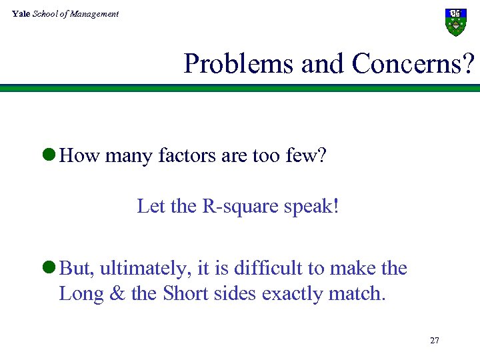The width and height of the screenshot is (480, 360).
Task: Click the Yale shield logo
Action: click(x=455, y=23)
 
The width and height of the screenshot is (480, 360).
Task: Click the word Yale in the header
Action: click(x=21, y=14)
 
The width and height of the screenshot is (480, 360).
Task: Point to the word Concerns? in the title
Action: click(x=413, y=63)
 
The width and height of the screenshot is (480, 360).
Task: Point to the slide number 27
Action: click(x=435, y=341)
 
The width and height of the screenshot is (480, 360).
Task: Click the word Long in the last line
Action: click(x=81, y=293)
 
